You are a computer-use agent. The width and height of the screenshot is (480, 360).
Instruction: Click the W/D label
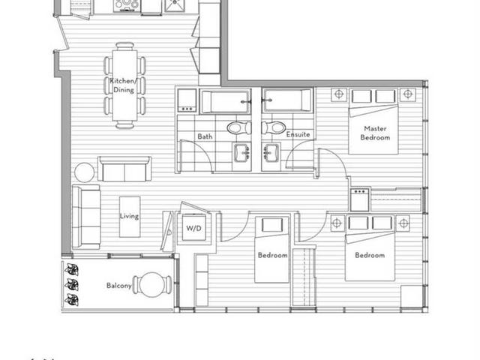[x=193, y=228]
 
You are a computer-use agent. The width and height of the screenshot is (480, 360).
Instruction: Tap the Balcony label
[x=119, y=286]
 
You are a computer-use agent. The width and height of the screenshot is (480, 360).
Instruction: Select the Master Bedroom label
[x=375, y=133]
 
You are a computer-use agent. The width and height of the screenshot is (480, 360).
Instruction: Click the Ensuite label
[x=298, y=134]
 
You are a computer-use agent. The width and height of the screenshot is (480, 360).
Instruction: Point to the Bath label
[x=205, y=136]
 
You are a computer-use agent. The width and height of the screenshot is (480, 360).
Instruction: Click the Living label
[x=129, y=216]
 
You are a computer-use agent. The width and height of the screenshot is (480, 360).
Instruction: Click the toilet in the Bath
[x=239, y=127]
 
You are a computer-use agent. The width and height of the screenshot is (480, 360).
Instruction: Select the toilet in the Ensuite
[x=273, y=127]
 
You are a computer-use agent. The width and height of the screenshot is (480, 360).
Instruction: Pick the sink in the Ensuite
[x=271, y=153]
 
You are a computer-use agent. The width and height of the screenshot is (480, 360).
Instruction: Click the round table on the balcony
[x=152, y=285]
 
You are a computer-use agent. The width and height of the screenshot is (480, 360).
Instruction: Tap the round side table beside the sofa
[x=85, y=172]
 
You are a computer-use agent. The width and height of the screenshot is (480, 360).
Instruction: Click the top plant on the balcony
[x=72, y=269]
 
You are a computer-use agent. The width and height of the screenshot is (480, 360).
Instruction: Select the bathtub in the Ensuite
[x=287, y=100]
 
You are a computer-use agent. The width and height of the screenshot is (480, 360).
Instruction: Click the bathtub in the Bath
[x=225, y=101]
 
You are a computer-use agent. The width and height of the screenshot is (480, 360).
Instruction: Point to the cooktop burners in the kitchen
[x=127, y=5]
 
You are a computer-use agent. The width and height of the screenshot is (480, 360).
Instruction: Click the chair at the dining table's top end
[x=125, y=46]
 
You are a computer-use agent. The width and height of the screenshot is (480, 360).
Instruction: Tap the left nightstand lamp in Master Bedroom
[x=339, y=94]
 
